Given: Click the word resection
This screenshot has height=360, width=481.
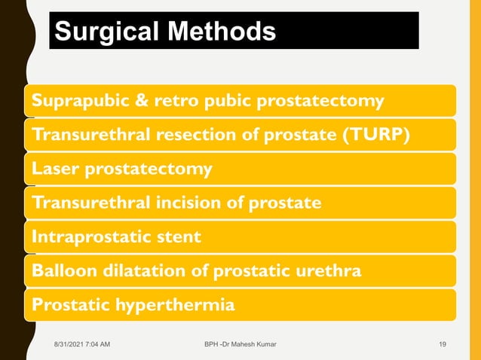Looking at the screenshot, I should click(x=190, y=135).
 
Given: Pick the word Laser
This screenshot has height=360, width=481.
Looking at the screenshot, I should click(x=52, y=169).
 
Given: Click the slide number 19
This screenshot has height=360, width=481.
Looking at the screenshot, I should click(x=443, y=345).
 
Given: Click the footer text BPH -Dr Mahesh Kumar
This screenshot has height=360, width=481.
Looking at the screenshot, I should click(x=240, y=345).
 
